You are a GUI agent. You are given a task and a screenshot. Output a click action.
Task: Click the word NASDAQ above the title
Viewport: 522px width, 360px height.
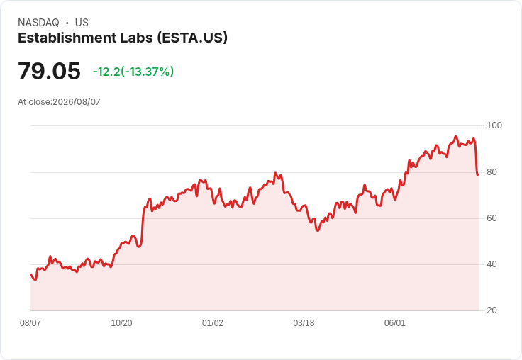click(38, 23)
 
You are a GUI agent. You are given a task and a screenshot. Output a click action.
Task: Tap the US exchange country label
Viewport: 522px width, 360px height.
click(82, 23)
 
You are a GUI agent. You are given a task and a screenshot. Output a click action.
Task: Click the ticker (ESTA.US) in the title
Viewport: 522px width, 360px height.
click(192, 38)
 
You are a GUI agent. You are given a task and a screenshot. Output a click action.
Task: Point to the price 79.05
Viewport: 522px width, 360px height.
click(49, 71)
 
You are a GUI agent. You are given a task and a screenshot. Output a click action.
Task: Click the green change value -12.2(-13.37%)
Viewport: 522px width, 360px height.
click(133, 72)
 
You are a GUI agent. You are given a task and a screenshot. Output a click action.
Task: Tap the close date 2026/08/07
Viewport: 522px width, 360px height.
click(76, 102)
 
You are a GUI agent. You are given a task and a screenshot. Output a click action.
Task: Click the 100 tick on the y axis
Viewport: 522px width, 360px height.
click(494, 125)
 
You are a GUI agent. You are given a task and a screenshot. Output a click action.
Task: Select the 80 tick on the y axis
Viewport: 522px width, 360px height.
click(492, 172)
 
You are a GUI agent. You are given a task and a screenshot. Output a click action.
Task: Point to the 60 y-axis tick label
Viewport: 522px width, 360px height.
click(492, 218)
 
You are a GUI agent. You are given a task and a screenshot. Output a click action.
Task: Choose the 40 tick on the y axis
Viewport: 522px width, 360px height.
click(492, 264)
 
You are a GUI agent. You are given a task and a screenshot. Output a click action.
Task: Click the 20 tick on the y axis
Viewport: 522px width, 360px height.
click(492, 310)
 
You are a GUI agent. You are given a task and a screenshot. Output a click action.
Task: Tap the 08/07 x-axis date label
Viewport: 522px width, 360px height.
click(30, 323)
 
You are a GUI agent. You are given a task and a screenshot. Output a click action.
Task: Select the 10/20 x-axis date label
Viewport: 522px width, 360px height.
click(121, 323)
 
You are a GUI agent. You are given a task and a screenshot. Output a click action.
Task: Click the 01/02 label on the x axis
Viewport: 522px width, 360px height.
click(212, 323)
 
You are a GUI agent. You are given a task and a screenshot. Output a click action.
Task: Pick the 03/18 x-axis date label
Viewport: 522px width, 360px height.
click(304, 323)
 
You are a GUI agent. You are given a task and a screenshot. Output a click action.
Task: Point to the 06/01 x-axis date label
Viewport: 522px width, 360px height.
click(395, 323)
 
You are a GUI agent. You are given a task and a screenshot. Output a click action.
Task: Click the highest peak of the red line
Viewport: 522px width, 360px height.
click(456, 136)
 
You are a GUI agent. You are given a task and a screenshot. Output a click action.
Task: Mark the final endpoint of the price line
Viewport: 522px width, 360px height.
click(478, 174)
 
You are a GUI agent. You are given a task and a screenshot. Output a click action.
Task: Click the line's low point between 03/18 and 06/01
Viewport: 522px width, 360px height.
click(318, 230)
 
